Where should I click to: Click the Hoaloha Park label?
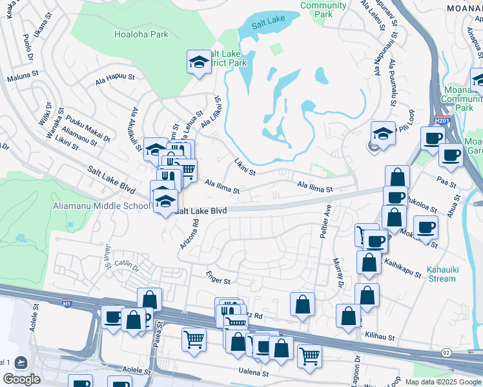[141, 34]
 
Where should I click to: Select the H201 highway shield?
[442, 120]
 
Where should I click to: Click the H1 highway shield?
[67, 302]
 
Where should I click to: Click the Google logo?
[22, 379]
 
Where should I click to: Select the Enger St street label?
[218, 281]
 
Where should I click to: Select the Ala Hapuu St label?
[114, 79]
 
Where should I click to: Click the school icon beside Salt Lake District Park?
[199, 62]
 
